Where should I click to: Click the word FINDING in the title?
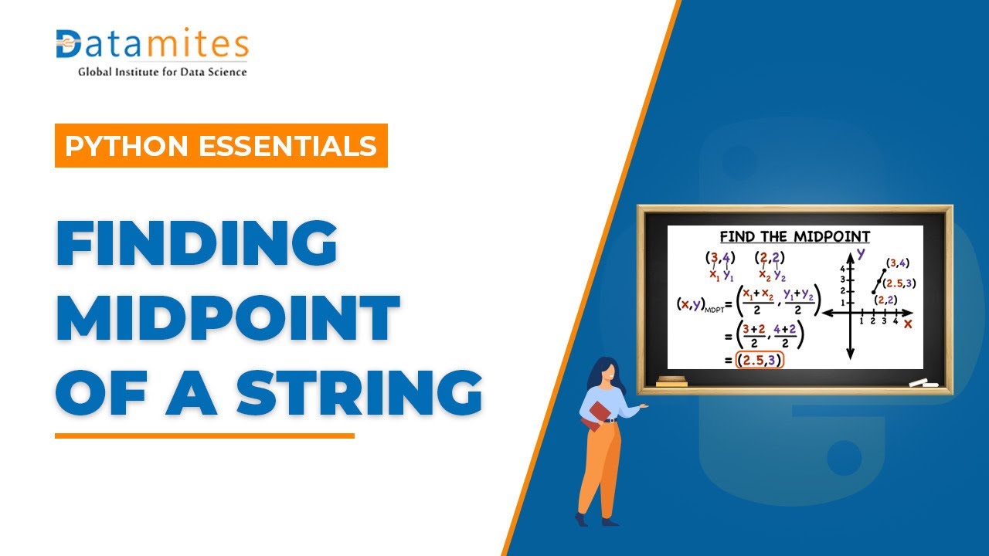197,245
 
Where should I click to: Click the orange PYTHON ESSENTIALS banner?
221,146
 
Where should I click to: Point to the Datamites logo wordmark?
152,45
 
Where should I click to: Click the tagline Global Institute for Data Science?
162,72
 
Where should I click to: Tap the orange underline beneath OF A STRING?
204,436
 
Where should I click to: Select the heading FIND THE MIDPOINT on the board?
794,237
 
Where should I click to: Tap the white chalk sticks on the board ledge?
922,382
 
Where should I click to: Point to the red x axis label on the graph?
907,323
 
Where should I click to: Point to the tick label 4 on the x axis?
896,320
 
